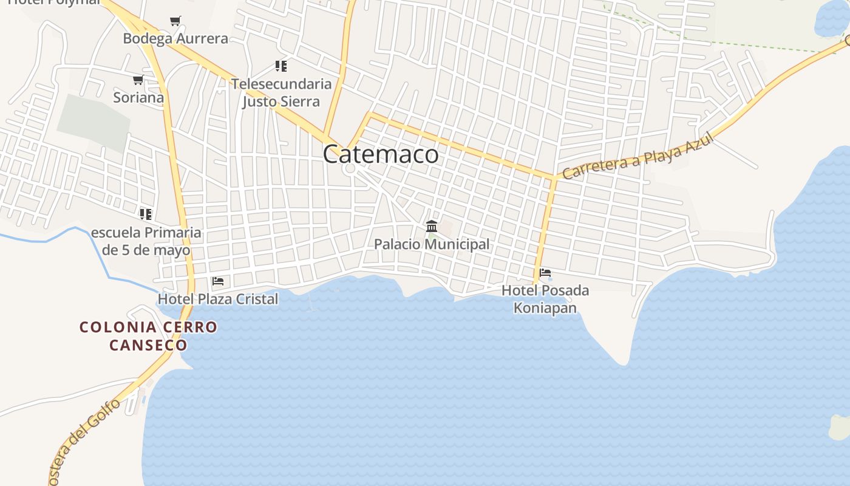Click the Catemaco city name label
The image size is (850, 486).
pyautogui.click(x=381, y=154)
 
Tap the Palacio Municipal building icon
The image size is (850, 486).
pyautogui.click(x=432, y=227)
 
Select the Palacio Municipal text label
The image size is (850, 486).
pyautogui.click(x=432, y=244)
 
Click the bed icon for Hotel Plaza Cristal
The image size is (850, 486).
pyautogui.click(x=218, y=281)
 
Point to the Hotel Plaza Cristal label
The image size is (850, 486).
pyautogui.click(x=218, y=299)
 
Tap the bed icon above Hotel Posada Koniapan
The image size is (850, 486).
pyautogui.click(x=545, y=273)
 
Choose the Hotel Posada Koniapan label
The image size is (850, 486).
pyautogui.click(x=545, y=299)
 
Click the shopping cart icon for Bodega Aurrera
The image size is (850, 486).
pyautogui.click(x=175, y=21)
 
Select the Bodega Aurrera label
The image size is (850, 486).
pyautogui.click(x=175, y=39)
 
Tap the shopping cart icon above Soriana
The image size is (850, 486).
pyautogui.click(x=138, y=80)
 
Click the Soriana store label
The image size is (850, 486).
pyautogui.click(x=138, y=97)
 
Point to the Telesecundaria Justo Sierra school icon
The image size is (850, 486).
pyautogui.click(x=280, y=66)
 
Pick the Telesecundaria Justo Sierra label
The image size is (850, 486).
pyautogui.click(x=281, y=92)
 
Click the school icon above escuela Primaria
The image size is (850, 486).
pyautogui.click(x=146, y=214)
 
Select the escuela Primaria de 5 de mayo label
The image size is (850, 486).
pyautogui.click(x=146, y=241)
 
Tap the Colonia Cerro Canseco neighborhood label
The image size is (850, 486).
pyautogui.click(x=148, y=336)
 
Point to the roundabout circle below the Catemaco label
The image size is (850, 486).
pyautogui.click(x=349, y=168)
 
